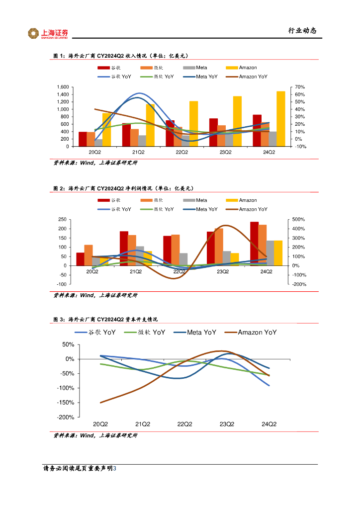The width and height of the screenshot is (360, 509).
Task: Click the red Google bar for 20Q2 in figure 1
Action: click(83, 139)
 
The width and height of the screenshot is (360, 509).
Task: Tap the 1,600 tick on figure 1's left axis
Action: click(62, 87)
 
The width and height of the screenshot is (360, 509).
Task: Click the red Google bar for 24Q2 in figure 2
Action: click(254, 244)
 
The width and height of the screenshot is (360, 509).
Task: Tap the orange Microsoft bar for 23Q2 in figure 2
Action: click(219, 247)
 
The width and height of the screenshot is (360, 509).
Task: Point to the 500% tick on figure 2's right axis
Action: click(299, 219)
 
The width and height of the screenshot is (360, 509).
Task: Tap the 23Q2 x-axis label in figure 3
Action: click(227, 424)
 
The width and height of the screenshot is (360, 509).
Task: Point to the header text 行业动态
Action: click(302, 31)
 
